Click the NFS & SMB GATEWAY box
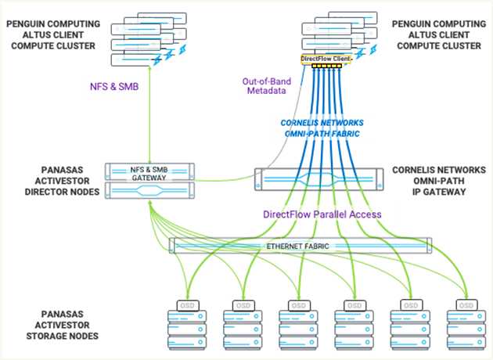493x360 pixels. (149, 172)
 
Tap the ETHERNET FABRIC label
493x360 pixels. (297, 246)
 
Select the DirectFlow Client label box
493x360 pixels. (326, 59)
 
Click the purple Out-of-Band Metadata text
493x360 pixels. (267, 86)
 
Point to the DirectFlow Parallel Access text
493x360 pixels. (322, 214)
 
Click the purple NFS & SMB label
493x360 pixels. (114, 86)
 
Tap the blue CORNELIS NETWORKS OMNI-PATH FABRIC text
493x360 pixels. (322, 128)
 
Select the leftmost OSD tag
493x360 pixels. (188, 305)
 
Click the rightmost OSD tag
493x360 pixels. (466, 305)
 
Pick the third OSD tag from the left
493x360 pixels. (299, 305)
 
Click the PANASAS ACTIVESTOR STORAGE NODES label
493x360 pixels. (62, 325)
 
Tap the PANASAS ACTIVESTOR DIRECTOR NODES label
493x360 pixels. (62, 181)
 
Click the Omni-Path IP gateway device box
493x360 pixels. (318, 179)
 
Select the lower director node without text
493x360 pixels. (149, 190)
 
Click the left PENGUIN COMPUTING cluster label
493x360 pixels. (53, 35)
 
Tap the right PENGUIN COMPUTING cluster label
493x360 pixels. (439, 35)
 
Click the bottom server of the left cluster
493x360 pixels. (135, 59)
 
